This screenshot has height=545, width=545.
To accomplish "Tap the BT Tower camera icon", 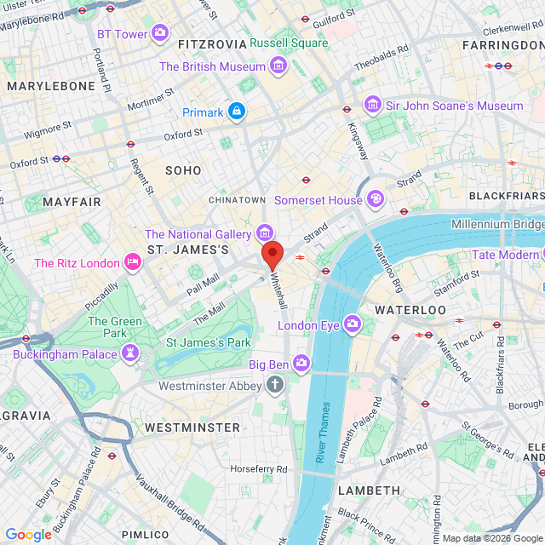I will pos(159,34).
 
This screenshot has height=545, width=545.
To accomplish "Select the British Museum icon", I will pos(278,66).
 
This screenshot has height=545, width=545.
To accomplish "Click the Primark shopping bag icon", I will pos(237,112).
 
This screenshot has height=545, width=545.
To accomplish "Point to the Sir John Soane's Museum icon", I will pos(372,105).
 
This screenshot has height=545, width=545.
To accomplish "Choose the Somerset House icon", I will pos(375,199).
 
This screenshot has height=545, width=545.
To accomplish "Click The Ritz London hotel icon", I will pos(132,262).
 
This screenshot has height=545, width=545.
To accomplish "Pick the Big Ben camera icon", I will pos(301,364).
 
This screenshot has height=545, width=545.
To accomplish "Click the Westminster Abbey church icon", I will pos(274,386).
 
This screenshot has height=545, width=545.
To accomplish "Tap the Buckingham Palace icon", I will pos(129,353).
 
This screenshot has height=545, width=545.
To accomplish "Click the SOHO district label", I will pos(183,170).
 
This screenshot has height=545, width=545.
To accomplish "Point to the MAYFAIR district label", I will pos(72,202).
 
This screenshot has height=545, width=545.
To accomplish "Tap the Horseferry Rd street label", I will pos(263,469).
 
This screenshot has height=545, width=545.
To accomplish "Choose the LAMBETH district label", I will pos(369,490).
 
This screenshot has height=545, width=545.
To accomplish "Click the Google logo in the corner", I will pos(28,534).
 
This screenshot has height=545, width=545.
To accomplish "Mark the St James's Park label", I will pos(208,342).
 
